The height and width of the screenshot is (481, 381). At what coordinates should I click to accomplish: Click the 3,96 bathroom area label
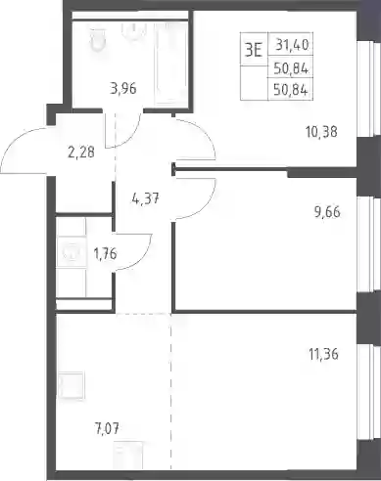coord(123,88)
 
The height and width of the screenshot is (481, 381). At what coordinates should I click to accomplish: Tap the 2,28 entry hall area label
coord(81,153)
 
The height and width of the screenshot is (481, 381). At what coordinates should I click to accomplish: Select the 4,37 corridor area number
coord(146,198)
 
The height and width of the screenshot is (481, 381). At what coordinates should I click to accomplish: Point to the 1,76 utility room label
coord(105,253)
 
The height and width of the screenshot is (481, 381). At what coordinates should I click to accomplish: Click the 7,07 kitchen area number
coord(105,427)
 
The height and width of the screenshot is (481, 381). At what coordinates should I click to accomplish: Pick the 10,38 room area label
coord(321,132)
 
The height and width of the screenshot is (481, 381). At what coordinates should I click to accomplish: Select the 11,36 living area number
coord(323,354)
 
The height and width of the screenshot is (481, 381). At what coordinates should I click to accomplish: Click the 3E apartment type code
coord(254,51)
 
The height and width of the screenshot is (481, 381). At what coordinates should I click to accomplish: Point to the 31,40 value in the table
coord(292,45)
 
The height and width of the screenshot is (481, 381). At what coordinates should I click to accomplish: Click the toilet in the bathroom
coord(98,40)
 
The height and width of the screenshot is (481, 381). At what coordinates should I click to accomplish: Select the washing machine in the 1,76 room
coord(71,252)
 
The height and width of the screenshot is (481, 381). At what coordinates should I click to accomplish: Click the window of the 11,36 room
coord(369,392)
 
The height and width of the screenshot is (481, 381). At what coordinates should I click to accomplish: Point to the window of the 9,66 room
coord(369,245)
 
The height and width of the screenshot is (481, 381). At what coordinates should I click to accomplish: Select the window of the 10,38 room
coord(369,89)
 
